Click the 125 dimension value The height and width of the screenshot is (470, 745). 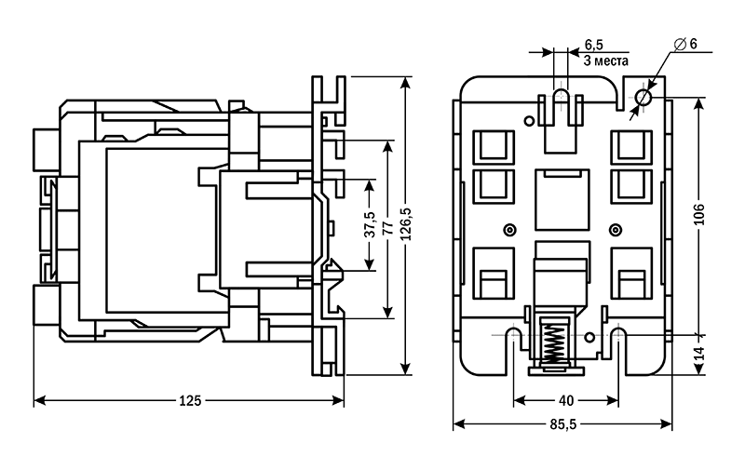[x=189, y=401]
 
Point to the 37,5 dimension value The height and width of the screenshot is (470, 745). [x=370, y=226]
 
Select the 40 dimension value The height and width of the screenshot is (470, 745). [x=566, y=401]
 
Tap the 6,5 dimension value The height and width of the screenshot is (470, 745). [x=594, y=45]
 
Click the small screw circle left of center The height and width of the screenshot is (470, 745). [x=508, y=229]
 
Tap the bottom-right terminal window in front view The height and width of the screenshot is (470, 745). [x=630, y=275]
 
